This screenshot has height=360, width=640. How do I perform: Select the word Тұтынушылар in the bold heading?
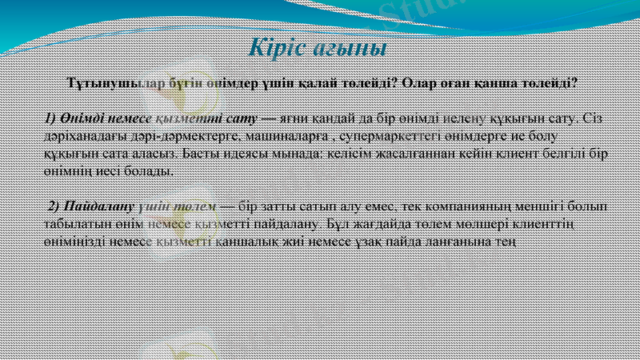pyautogui.click(x=111, y=82)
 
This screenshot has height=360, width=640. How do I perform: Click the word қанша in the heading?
pyautogui.click(x=500, y=82)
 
